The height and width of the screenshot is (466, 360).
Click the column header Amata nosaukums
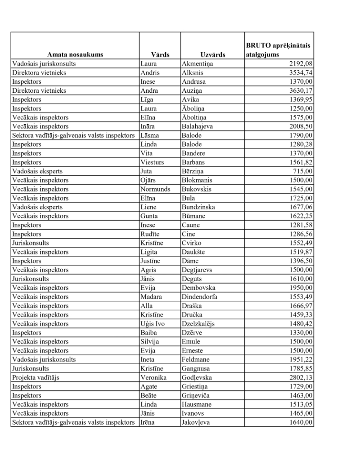[x=75, y=54]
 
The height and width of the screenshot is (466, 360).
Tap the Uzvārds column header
[x=212, y=54]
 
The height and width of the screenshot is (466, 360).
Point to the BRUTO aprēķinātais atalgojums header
[x=279, y=50]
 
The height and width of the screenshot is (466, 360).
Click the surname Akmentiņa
[x=198, y=63]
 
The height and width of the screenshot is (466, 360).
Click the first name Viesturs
[x=152, y=162]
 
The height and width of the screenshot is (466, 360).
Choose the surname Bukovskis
[x=196, y=189]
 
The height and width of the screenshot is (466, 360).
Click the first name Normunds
[x=155, y=189]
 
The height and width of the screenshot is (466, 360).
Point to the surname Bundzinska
[x=198, y=207]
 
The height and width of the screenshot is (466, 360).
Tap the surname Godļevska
[x=197, y=377]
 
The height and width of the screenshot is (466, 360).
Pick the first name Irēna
[x=148, y=422]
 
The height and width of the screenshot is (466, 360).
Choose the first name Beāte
[x=148, y=395]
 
